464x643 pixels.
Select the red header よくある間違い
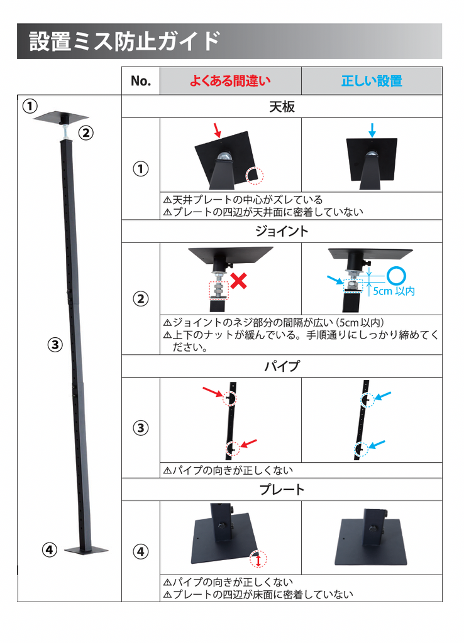point(230,81)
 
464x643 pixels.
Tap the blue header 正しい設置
point(372,81)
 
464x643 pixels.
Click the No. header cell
point(141,81)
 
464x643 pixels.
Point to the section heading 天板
point(282,107)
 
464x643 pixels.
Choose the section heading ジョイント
point(282,231)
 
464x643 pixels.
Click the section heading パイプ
point(282,366)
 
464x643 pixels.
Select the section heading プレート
point(282,490)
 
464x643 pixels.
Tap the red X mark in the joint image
point(238,281)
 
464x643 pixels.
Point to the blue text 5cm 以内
point(394,291)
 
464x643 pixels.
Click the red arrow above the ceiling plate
point(218,129)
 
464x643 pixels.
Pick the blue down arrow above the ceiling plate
point(372,130)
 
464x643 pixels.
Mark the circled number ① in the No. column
point(140,168)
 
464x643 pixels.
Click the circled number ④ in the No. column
point(140,551)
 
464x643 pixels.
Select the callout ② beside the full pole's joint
point(86,133)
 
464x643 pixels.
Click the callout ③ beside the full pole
point(55,345)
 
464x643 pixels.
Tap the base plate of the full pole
point(86,550)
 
